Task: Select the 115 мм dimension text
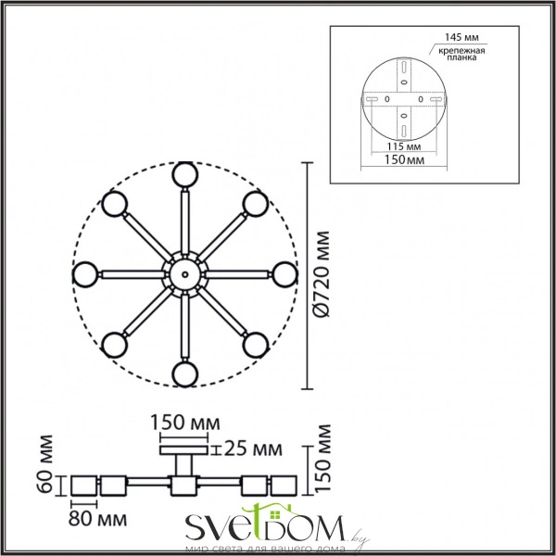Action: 405,147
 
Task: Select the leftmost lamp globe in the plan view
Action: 86,273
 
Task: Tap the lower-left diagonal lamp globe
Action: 114,344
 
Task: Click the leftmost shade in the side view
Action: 85,485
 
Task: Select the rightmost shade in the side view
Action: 284,485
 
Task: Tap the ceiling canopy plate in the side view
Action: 184,451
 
